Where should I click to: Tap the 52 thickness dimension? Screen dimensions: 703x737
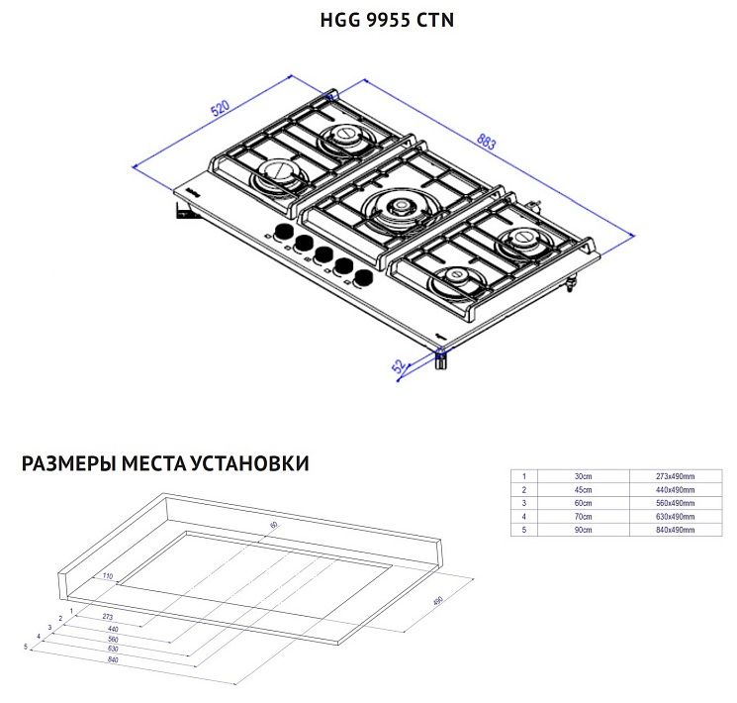point(399,367)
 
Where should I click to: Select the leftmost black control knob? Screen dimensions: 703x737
point(282,232)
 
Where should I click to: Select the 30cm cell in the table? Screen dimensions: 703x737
point(585,477)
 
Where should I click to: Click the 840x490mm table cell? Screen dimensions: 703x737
point(676,531)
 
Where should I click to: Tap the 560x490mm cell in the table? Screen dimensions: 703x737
point(676,504)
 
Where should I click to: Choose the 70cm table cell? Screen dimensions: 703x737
point(585,517)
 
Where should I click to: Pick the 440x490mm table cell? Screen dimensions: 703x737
point(676,490)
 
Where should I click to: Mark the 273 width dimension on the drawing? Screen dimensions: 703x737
point(107,616)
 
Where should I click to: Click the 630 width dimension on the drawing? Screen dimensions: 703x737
point(113,649)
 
